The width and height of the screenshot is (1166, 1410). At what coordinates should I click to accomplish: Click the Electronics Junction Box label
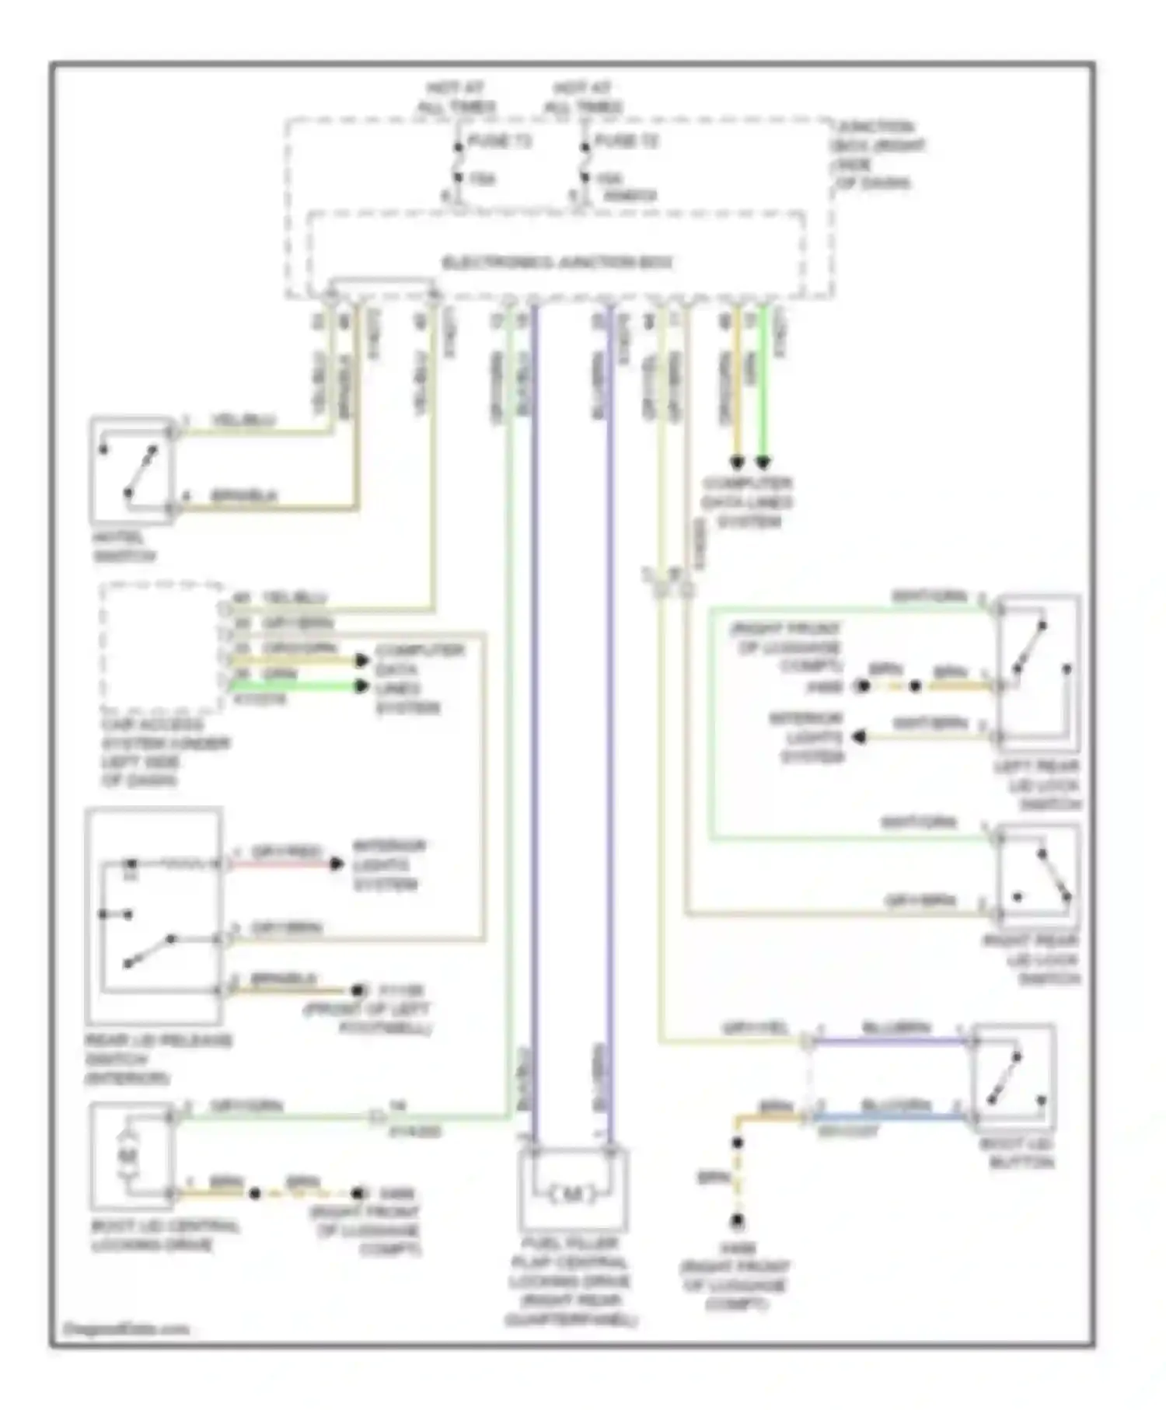point(557,263)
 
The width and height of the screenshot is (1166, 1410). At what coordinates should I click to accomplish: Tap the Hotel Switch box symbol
point(131,470)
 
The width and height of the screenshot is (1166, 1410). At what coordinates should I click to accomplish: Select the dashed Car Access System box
point(162,647)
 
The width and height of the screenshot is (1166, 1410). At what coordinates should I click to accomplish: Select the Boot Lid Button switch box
point(1014,1077)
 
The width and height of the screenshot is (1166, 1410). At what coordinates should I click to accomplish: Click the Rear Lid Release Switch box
point(154,916)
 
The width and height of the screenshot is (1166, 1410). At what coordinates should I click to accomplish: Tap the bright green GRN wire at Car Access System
point(295,686)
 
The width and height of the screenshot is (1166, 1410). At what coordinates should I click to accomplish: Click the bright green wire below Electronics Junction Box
point(763,381)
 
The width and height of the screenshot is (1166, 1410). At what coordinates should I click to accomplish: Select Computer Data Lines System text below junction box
point(745,502)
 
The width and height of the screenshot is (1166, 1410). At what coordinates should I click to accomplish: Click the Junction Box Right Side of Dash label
point(878,155)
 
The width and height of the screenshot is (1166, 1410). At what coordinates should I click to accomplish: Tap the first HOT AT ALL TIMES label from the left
point(457,98)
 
